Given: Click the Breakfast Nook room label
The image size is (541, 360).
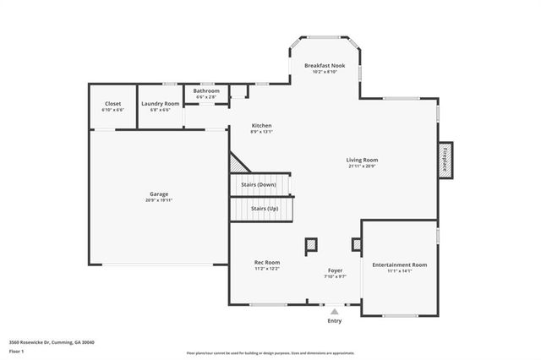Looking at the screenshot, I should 326,65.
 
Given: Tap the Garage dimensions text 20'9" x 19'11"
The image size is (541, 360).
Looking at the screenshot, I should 159,200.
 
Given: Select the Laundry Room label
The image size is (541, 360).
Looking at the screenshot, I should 160,103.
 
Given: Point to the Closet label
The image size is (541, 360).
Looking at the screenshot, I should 112,103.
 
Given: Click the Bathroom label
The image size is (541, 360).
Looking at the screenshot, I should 206,90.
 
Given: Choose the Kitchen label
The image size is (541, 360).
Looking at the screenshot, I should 261,125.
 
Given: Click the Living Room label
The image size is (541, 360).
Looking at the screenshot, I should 362,160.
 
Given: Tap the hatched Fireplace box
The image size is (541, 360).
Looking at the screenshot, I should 445,160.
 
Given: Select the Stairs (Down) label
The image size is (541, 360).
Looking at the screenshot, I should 259,184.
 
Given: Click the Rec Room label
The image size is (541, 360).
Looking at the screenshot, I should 267,262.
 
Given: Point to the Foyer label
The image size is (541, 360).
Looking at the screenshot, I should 336,270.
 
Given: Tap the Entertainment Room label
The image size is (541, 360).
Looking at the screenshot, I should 400,265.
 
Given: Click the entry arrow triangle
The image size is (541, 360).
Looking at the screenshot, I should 335,312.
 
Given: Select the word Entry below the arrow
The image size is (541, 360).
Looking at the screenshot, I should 335,321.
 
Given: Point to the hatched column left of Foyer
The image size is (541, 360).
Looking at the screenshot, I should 312,245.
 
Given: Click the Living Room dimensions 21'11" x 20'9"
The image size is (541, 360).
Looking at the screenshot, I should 362,166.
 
